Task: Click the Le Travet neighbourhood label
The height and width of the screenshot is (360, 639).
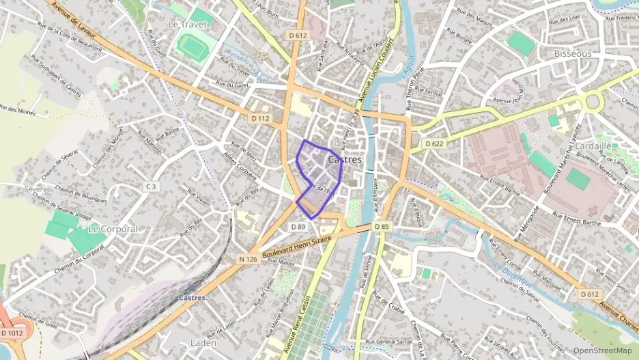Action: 186,23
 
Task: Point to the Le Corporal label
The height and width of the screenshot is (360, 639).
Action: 113,229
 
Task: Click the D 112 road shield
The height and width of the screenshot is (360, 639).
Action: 260,118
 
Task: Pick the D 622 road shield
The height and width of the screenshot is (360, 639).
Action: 435,143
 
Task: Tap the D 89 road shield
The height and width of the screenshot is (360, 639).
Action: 298,227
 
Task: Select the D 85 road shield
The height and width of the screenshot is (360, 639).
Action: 381,226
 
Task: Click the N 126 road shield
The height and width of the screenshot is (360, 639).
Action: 248,259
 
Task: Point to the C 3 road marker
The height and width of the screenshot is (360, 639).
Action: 150,186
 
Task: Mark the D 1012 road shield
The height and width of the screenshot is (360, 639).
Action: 12,333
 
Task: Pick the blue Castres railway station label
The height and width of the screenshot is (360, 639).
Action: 192,298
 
